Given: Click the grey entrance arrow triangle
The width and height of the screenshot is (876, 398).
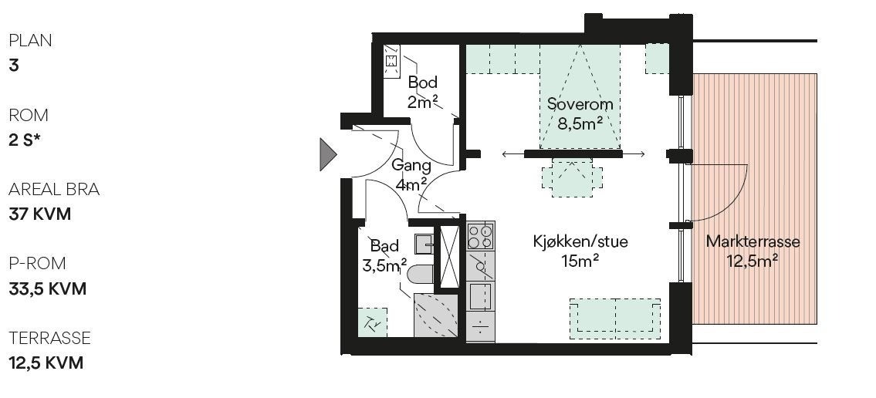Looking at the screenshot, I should (x=328, y=153).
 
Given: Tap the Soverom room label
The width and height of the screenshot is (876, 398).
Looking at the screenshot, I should (x=580, y=104).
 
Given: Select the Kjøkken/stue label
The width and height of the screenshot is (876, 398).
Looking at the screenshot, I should (x=580, y=241).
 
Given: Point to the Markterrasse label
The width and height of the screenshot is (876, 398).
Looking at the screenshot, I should (x=753, y=241).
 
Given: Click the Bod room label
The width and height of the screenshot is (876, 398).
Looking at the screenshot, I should (x=423, y=83).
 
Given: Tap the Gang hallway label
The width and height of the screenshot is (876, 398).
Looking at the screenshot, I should (x=406, y=165).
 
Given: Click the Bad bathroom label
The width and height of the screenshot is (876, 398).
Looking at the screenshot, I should (x=384, y=246).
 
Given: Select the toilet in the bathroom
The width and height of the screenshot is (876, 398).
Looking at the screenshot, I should (x=420, y=274).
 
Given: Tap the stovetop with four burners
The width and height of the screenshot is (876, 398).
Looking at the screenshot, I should (x=480, y=235).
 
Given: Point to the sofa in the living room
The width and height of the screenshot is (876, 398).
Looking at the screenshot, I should (x=615, y=318).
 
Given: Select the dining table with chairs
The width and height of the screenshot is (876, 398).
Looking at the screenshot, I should (x=571, y=177).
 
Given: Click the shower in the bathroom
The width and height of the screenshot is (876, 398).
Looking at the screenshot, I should (x=436, y=315).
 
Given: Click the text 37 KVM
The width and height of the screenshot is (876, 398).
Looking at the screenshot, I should (x=40, y=214).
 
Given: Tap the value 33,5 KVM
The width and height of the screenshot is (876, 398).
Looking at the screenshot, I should (x=47, y=288).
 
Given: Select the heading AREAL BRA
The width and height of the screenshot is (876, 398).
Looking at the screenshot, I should (x=54, y=190).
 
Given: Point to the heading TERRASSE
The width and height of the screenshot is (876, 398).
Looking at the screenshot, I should (x=49, y=338).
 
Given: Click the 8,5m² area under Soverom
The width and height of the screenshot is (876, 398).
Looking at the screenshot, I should (x=580, y=123).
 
